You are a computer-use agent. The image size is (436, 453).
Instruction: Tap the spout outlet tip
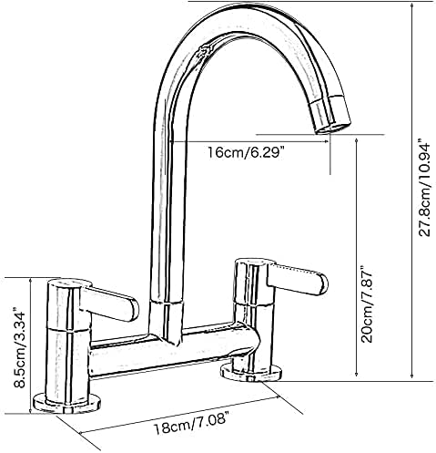[x=330, y=119]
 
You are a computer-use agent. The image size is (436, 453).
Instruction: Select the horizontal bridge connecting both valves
[x=173, y=351]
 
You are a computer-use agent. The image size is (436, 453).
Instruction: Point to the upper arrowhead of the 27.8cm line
[x=413, y=4]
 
